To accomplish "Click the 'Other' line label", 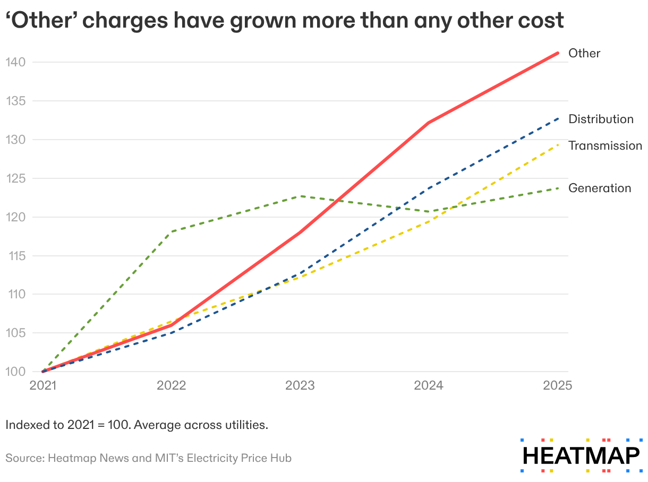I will pos(584,53).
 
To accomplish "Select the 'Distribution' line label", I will pos(601,119).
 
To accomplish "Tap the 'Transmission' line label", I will pos(605,145).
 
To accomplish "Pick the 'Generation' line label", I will pos(600,188).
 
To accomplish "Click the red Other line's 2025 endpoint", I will pos(558,53).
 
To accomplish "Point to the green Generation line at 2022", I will pos(172,231).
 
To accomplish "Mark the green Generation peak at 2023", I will pos(301,196).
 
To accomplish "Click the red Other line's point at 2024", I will pos(429,123).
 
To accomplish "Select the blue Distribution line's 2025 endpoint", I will pos(558,118).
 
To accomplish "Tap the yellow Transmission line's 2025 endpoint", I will pos(558,144).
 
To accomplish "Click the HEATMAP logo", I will pos(581,456).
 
